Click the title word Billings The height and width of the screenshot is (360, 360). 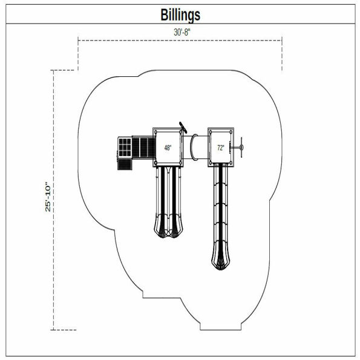(180, 14)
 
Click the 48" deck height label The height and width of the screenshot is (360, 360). (168, 148)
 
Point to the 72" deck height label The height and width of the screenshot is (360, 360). (220, 148)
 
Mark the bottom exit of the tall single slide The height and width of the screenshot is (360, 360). (220, 260)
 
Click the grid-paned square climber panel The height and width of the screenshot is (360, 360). (123, 146)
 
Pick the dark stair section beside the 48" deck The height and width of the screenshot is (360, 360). (143, 147)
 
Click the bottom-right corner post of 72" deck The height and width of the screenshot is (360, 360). (231, 163)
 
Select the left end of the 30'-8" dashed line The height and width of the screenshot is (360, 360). (79, 41)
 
